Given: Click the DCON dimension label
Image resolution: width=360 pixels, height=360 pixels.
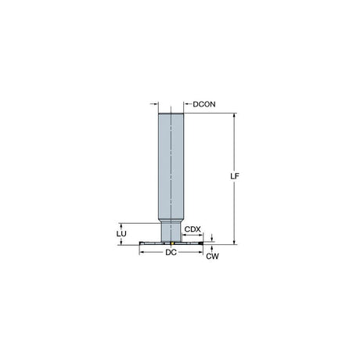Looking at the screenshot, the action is pos(204,104).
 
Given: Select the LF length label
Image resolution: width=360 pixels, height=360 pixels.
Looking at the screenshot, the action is pos(235,176).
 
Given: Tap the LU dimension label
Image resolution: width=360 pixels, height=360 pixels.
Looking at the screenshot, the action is pos(121,234).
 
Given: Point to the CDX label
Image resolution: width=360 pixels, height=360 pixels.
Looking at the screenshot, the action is pos(193,229).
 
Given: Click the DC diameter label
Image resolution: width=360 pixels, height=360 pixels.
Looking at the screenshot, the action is pos(171,252).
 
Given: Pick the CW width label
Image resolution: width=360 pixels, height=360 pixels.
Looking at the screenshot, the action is pos(212,257).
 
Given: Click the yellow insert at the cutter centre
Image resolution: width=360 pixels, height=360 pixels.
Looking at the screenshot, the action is pos(172,243).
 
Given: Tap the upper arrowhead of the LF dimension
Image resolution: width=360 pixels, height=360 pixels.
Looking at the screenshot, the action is pos(235,116).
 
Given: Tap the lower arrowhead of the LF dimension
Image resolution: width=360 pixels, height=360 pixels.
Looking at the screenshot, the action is pos(235,242).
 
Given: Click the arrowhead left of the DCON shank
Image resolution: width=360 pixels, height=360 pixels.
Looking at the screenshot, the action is pos(157,104).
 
